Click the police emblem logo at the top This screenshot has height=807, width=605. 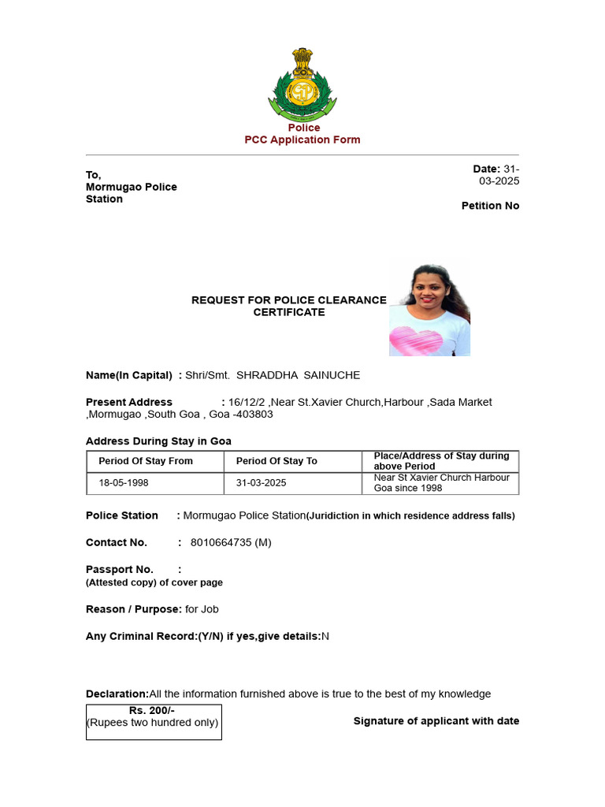pyautogui.click(x=303, y=84)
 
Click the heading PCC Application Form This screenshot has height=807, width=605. pyautogui.click(x=302, y=139)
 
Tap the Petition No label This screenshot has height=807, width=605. pyautogui.click(x=490, y=206)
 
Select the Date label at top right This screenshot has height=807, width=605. pyautogui.click(x=486, y=169)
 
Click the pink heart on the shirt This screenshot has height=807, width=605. pyautogui.click(x=416, y=341)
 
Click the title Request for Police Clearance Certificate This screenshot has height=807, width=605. pyautogui.click(x=288, y=306)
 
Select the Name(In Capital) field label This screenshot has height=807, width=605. pyautogui.click(x=128, y=375)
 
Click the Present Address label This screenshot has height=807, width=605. pyautogui.click(x=128, y=402)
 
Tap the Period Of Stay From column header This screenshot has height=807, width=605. pyautogui.click(x=146, y=461)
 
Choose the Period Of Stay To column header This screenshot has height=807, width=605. pyautogui.click(x=277, y=461)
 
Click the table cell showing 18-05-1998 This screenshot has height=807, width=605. pyautogui.click(x=123, y=483)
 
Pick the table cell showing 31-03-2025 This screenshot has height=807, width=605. pyautogui.click(x=261, y=483)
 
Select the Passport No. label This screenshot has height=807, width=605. pyautogui.click(x=120, y=569)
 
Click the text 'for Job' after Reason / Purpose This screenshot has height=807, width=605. pyautogui.click(x=202, y=609)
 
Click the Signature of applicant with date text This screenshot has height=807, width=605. pyautogui.click(x=436, y=721)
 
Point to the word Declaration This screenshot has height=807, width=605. pyautogui.click(x=117, y=694)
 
